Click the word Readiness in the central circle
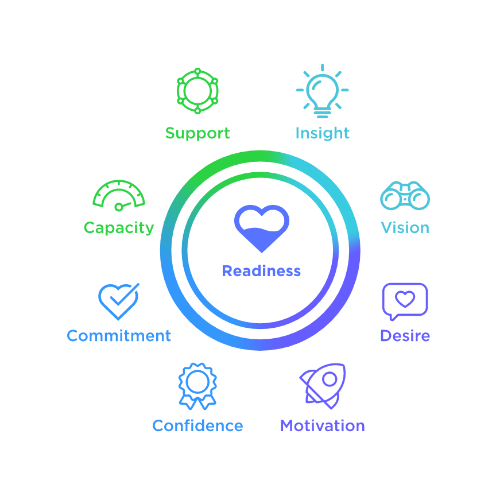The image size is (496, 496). tap(261, 271)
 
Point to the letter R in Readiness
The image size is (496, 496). tap(226, 271)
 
